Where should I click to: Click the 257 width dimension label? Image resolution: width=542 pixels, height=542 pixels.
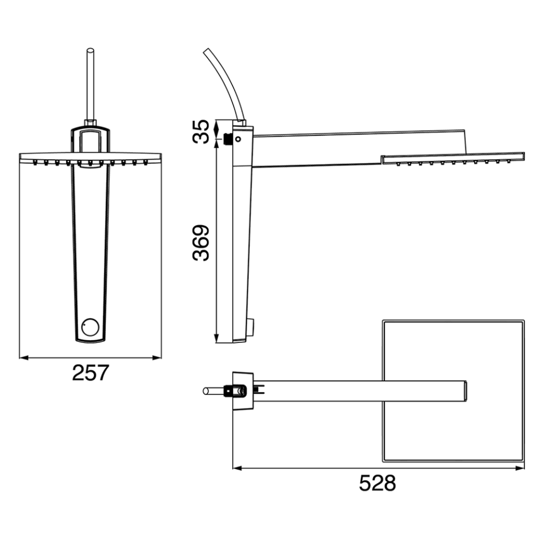coord(91,372)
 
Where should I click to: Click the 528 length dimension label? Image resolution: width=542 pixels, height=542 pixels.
coord(377,483)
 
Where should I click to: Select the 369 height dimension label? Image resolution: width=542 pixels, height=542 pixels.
coord(201,243)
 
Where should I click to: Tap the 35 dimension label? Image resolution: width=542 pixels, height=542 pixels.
coord(201,132)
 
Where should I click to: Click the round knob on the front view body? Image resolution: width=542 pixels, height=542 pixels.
coord(91,327)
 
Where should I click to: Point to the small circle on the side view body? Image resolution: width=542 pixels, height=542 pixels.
coord(238,139)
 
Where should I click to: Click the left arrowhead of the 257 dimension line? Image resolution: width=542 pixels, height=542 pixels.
coord(24,358)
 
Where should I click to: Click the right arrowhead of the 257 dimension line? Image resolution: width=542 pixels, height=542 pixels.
coord(158,358)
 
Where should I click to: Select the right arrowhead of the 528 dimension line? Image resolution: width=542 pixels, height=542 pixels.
coord(520,468)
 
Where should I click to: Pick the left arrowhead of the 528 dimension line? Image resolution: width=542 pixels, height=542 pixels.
coord(237,468)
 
